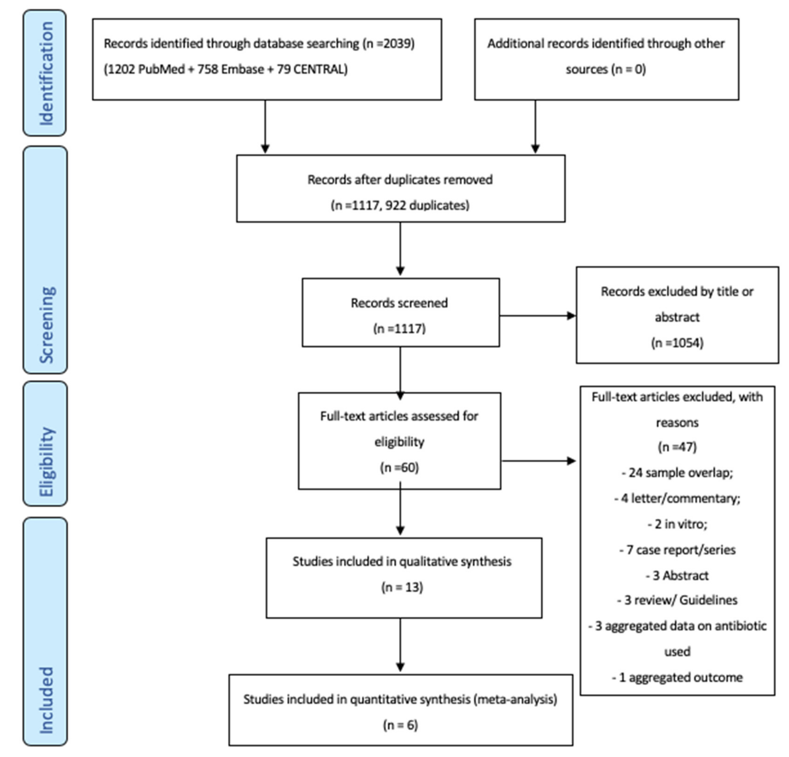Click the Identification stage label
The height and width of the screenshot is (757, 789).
(45, 73)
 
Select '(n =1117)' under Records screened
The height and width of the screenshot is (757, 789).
(399, 329)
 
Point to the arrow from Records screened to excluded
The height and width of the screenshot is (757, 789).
(537, 316)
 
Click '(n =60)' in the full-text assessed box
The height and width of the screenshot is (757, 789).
(399, 468)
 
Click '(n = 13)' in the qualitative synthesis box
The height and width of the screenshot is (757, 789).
(402, 587)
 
